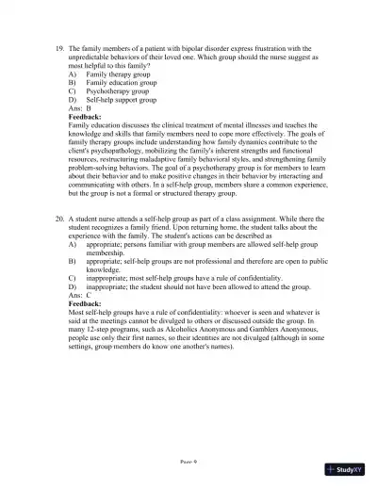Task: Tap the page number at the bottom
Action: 188,462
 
